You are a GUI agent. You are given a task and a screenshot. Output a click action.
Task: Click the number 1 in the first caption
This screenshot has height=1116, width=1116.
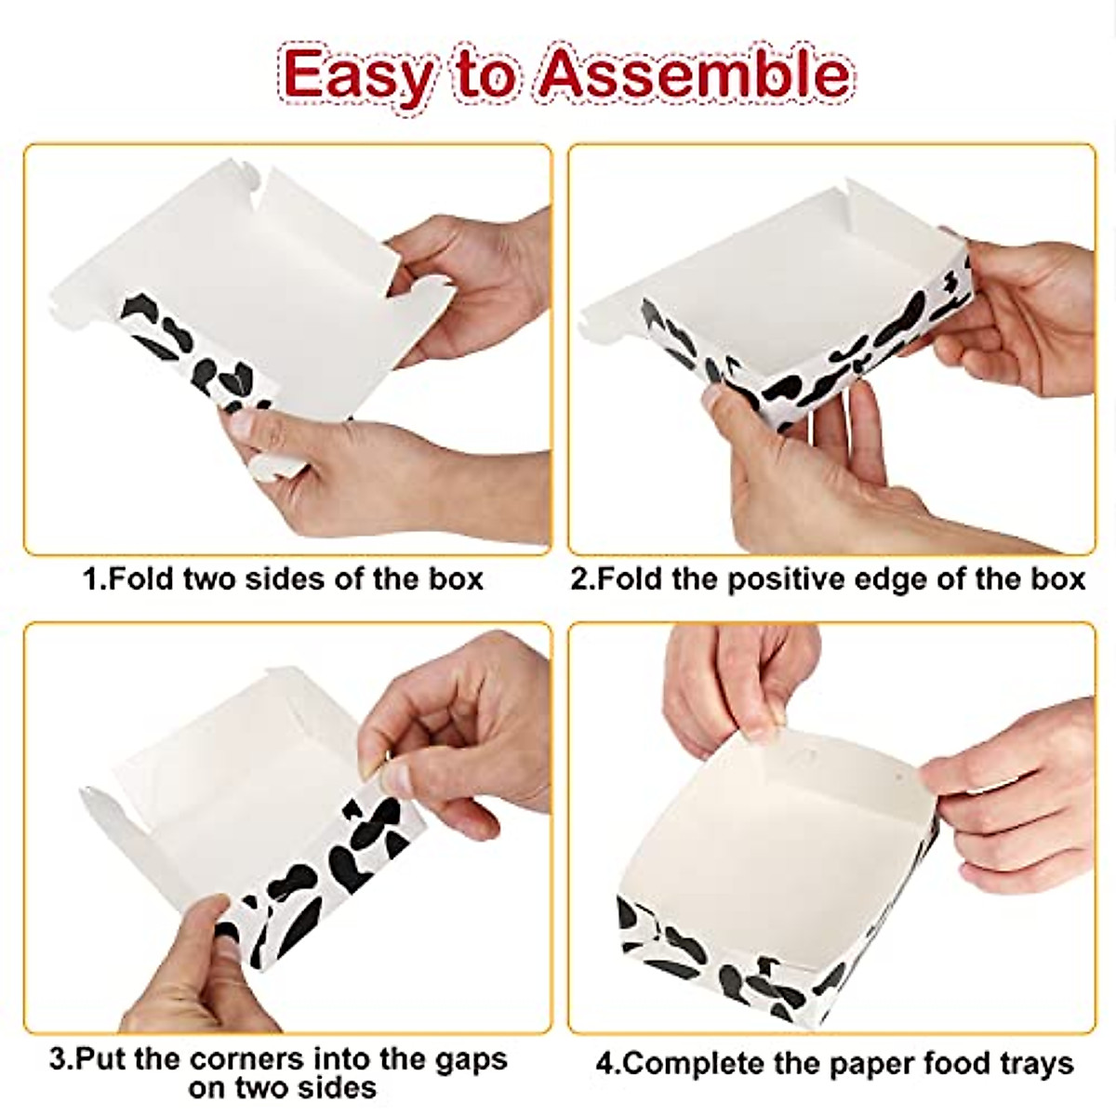pyautogui.click(x=91, y=578)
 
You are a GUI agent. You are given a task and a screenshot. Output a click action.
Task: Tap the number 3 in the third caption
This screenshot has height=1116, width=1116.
pyautogui.click(x=58, y=1058)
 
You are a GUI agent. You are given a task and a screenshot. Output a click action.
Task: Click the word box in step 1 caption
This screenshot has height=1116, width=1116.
pyautogui.click(x=456, y=578)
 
